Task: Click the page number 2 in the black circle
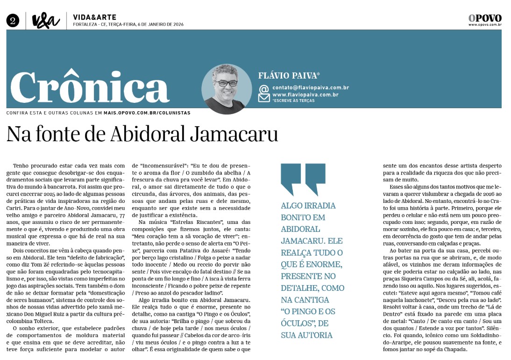click(13, 20)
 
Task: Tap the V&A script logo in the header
click(46, 21)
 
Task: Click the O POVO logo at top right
click(485, 18)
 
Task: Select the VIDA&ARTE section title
click(95, 17)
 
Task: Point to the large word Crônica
click(90, 88)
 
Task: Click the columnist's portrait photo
click(227, 89)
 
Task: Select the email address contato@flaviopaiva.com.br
click(311, 87)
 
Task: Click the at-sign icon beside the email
click(264, 88)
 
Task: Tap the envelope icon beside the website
click(264, 97)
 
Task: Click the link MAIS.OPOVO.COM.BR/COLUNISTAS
click(147, 113)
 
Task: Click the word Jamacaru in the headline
click(234, 134)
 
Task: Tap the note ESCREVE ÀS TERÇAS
click(294, 101)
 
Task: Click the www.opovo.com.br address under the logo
click(485, 25)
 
